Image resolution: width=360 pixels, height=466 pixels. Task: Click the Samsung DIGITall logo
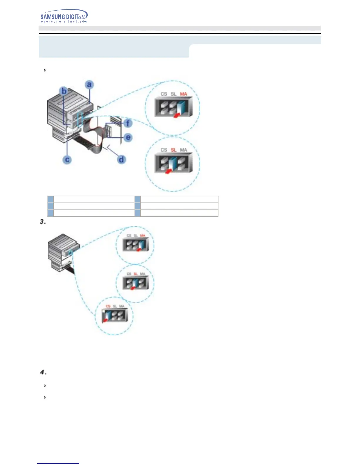point(64,15)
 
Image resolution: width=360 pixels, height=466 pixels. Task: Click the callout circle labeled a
point(89,85)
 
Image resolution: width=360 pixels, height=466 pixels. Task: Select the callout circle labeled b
point(64,91)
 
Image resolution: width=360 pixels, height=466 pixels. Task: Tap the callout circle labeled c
point(67,160)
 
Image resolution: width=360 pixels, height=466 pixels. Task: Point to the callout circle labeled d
point(121,160)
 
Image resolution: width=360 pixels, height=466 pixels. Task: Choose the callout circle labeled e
point(128,137)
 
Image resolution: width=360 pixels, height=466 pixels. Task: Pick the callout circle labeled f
point(128,123)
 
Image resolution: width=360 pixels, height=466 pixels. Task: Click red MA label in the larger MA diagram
point(183,94)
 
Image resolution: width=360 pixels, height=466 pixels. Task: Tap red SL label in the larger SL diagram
point(174,150)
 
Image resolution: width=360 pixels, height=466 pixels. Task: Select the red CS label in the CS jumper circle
point(108,306)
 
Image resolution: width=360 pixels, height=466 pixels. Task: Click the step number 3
point(43,222)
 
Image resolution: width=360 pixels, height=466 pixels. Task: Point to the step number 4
point(43,372)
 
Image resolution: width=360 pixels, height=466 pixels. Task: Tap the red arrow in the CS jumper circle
point(104,321)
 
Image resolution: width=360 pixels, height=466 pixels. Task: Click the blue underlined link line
point(58,463)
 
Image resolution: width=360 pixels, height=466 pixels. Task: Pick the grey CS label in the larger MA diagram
point(164,94)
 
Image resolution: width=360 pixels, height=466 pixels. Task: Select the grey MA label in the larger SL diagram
point(183,150)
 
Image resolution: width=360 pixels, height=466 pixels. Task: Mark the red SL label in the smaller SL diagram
point(136,274)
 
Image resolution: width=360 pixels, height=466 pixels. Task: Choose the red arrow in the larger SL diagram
point(168,171)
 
